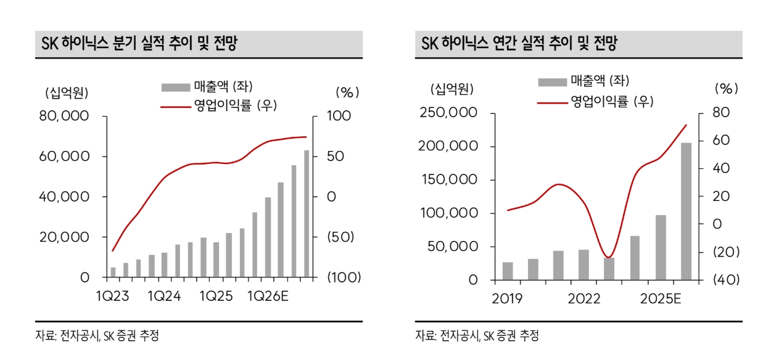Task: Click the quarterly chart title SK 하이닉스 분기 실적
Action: pos(139,44)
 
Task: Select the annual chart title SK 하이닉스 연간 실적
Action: pos(519,44)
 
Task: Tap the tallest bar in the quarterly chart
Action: pos(307,213)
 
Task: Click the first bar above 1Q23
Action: pos(113,272)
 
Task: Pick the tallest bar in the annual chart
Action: pos(686,211)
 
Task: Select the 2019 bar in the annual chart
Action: pos(508,271)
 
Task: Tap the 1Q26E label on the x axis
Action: pos(268,297)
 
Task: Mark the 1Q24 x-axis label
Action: pos(163,297)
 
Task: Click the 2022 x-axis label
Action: pos(583,300)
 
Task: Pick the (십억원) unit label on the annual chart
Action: pos(452,89)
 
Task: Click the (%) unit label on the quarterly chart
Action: pos(347,92)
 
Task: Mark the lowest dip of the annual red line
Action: pos(608,257)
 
